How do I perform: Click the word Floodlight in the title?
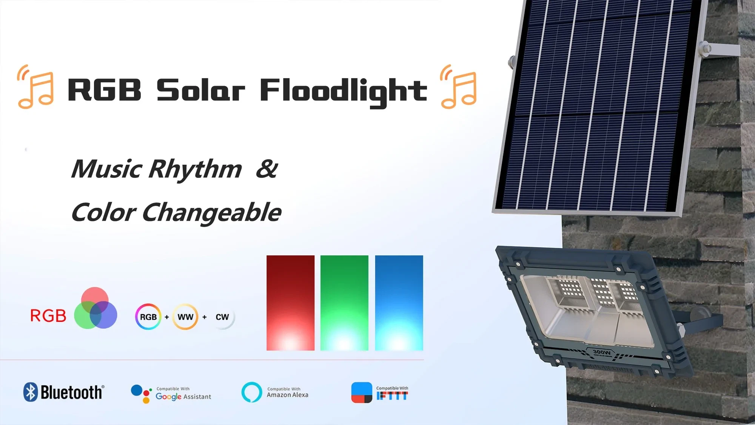click(343, 91)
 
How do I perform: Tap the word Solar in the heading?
click(200, 91)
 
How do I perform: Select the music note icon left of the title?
click(36, 87)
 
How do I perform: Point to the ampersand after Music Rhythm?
click(267, 169)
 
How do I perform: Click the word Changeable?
click(212, 213)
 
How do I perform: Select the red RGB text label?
click(48, 316)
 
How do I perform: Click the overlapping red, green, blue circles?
click(95, 308)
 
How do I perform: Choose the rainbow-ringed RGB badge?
click(148, 317)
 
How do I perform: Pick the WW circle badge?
click(185, 317)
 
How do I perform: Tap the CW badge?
click(222, 317)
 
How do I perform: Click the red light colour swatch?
click(290, 303)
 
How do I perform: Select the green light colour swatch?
click(344, 303)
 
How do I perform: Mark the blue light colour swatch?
click(399, 303)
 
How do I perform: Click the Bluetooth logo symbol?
click(31, 392)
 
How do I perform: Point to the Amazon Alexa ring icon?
click(251, 392)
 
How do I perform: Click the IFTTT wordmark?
click(392, 396)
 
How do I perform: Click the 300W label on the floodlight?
click(601, 352)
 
